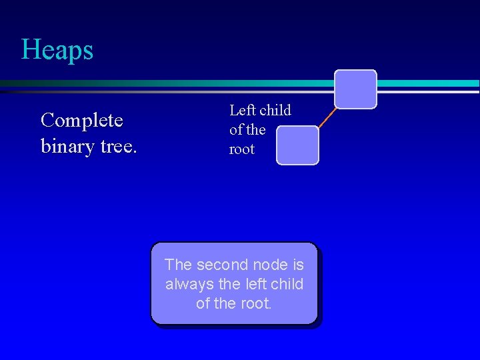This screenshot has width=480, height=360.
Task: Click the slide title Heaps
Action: [x=57, y=50]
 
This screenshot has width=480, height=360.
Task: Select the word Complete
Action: [x=81, y=121]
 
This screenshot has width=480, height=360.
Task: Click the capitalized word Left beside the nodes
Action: [x=242, y=110]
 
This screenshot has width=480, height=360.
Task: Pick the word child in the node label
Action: [x=275, y=110]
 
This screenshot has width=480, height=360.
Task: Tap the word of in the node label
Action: [x=236, y=129]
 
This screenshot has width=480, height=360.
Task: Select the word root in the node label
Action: [x=242, y=149]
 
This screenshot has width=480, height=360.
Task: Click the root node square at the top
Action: [x=355, y=89]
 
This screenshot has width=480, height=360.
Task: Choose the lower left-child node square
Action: [x=297, y=145]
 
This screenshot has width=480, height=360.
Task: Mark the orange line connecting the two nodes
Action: [x=327, y=117]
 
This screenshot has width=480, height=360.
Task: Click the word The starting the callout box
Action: [x=179, y=265]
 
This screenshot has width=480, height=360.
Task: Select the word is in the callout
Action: [x=297, y=265]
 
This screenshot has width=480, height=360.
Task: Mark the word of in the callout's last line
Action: [x=203, y=303]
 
